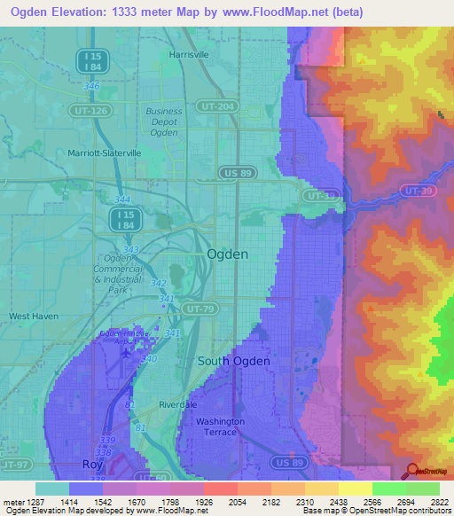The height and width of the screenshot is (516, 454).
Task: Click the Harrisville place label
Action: [188, 54]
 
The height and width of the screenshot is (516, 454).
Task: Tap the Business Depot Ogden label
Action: [164, 122]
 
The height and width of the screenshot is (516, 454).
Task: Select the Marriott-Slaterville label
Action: [105, 153]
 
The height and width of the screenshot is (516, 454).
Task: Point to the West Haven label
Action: [33, 316]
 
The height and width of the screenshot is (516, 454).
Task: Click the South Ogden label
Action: [232, 361]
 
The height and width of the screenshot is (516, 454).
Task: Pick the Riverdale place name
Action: [176, 403]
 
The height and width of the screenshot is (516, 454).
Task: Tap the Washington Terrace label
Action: [220, 426]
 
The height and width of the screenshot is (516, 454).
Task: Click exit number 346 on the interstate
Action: [91, 86]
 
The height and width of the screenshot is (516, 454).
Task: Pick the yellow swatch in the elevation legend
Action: [355, 489]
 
